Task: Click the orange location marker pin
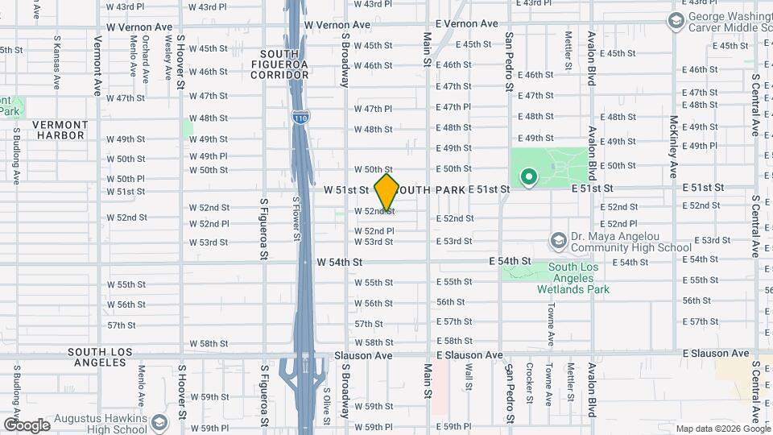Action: [387, 192]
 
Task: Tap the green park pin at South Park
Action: [528, 176]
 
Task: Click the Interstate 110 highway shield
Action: [300, 118]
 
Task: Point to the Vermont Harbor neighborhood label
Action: [59, 130]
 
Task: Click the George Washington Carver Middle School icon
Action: [676, 19]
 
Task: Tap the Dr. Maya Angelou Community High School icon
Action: [558, 240]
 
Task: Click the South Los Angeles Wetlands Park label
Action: [578, 278]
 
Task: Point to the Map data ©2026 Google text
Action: [723, 429]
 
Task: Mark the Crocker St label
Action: [530, 383]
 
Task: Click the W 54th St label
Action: [340, 262]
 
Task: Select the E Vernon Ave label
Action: [466, 24]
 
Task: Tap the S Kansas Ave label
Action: [56, 61]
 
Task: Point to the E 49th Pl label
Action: [697, 146]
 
